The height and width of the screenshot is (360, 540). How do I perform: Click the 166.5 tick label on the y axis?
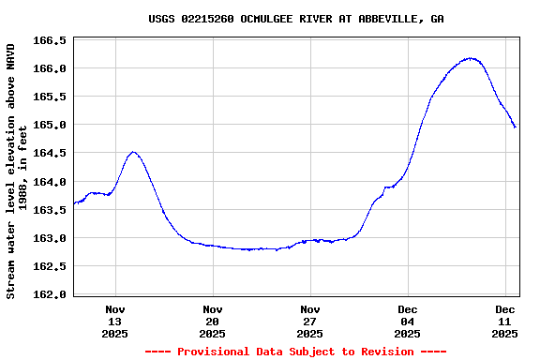point(51,40)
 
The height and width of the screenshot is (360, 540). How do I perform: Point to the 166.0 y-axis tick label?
point(51,68)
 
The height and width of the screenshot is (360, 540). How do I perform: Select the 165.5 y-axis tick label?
point(51,97)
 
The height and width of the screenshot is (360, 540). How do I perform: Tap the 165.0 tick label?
point(51,125)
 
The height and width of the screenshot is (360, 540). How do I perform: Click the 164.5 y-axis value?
point(51,153)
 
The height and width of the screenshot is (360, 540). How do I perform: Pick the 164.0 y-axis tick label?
point(51,182)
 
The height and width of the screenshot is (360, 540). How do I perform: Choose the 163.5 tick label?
point(51,210)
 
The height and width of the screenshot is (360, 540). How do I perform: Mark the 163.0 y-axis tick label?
point(51,238)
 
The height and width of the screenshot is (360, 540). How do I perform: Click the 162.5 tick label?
point(51,266)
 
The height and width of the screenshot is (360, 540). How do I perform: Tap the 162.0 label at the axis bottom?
point(51,294)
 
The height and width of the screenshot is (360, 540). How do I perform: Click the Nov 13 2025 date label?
point(115,321)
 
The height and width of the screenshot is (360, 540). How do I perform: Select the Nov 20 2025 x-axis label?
point(213,321)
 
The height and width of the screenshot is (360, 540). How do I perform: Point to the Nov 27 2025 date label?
point(310,321)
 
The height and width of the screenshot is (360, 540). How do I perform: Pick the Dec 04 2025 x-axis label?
point(408,321)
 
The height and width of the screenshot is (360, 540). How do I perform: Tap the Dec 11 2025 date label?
point(505,321)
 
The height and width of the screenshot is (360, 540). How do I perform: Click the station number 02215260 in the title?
point(211,19)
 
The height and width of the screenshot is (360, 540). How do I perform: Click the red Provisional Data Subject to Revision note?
point(295,352)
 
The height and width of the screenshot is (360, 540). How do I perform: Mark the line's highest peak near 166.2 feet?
point(472,58)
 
